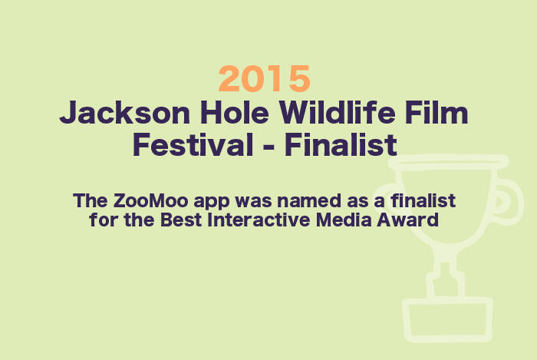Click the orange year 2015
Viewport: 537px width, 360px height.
pyautogui.click(x=265, y=78)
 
